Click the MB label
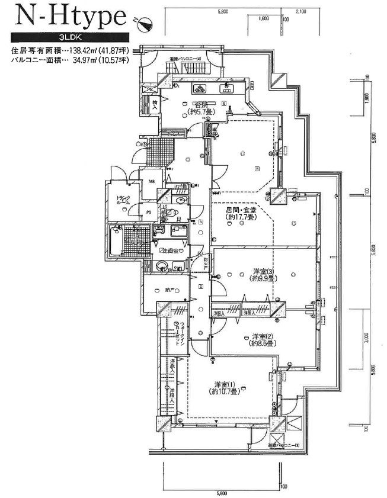pos(151,181)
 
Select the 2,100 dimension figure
pos(300,11)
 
